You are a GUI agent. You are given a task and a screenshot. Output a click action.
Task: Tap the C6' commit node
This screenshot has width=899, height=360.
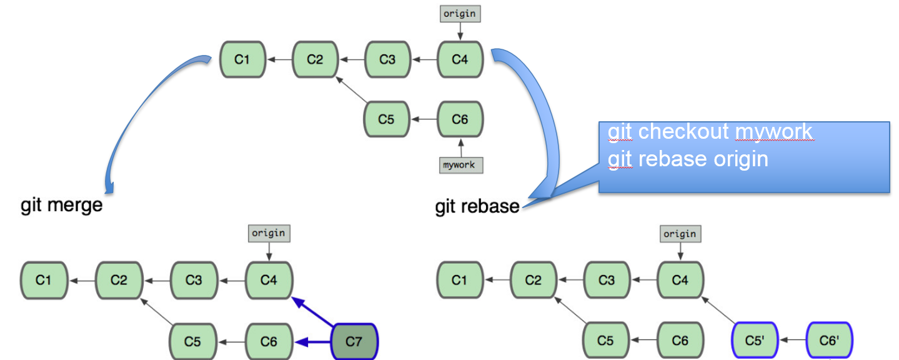click(x=829, y=341)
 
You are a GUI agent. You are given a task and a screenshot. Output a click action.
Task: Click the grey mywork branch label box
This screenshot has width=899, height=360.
click(x=461, y=165)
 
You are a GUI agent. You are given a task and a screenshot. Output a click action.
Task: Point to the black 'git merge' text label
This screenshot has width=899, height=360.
click(x=61, y=205)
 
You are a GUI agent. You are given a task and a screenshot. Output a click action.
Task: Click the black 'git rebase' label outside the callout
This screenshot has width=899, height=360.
click(x=477, y=206)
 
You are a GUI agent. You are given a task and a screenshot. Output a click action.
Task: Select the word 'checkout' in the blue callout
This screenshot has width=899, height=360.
click(x=683, y=132)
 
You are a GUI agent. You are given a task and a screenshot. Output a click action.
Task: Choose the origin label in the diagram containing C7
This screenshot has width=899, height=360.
click(x=269, y=233)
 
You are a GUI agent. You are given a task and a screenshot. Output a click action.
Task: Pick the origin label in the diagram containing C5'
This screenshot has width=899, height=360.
click(x=680, y=234)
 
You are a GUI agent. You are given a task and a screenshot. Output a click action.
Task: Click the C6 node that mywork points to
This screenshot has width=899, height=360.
click(x=460, y=119)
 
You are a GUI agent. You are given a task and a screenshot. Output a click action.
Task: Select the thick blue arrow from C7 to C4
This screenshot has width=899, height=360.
click(x=312, y=312)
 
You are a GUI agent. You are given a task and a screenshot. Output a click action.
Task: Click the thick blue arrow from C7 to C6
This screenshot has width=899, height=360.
click(x=312, y=342)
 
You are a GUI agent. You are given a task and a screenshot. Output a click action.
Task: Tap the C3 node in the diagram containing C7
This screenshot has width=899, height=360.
click(x=194, y=281)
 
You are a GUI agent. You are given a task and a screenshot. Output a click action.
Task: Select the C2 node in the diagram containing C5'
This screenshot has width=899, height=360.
click(x=533, y=281)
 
